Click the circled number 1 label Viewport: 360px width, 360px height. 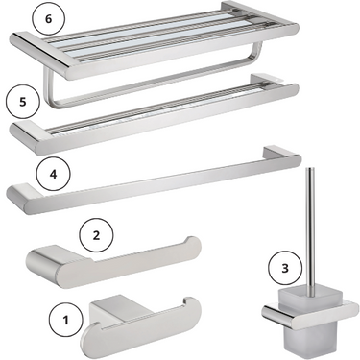click(66, 320)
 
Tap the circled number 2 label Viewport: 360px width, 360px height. click(96, 235)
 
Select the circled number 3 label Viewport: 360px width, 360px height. click(285, 268)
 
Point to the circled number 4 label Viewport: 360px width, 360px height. click(53, 175)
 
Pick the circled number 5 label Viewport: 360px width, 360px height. click(23, 102)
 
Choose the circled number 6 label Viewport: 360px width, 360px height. click(48, 18)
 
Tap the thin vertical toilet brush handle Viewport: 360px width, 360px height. click(309, 229)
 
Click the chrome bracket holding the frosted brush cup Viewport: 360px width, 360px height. click(310, 311)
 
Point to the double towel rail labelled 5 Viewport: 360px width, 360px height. click(155, 115)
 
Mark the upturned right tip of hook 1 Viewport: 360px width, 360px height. click(192, 305)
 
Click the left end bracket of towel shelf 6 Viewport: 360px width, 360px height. click(41, 55)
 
